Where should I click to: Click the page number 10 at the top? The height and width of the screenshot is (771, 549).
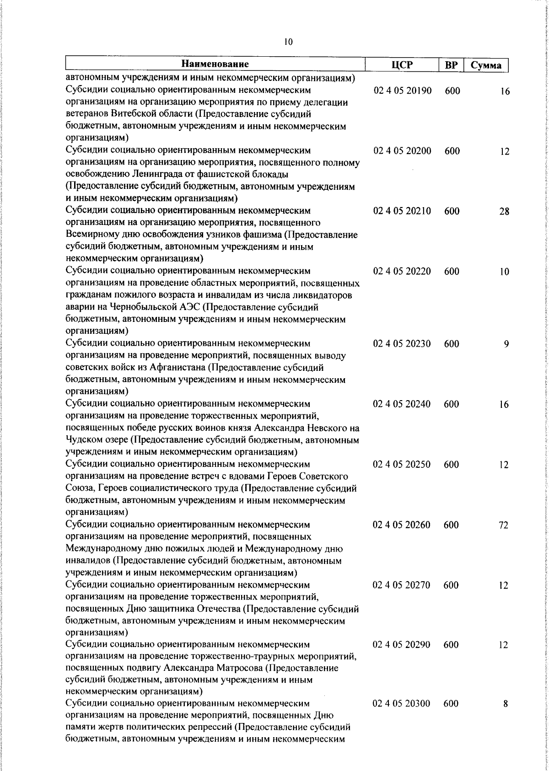288,42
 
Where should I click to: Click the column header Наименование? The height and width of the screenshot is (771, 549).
215,64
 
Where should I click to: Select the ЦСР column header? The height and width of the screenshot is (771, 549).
402,65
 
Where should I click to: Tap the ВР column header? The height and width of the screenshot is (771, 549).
451,65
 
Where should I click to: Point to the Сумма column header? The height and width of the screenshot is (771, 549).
486,65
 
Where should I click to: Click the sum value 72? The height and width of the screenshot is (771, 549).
503,525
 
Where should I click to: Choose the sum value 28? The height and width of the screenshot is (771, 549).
504,212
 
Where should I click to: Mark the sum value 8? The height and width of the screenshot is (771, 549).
506,717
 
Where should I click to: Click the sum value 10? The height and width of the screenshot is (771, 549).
504,272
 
